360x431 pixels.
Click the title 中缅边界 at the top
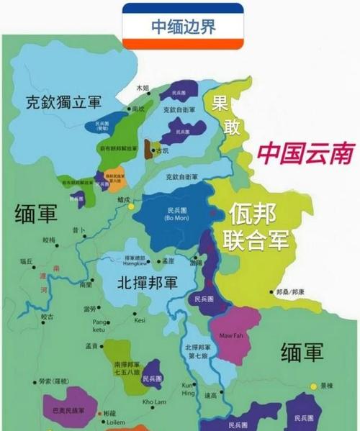click(x=183, y=26)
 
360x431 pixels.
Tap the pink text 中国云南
click(x=307, y=153)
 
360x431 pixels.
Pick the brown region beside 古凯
click(x=149, y=149)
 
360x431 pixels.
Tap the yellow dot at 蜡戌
click(x=132, y=206)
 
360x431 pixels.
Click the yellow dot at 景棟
click(x=313, y=386)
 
